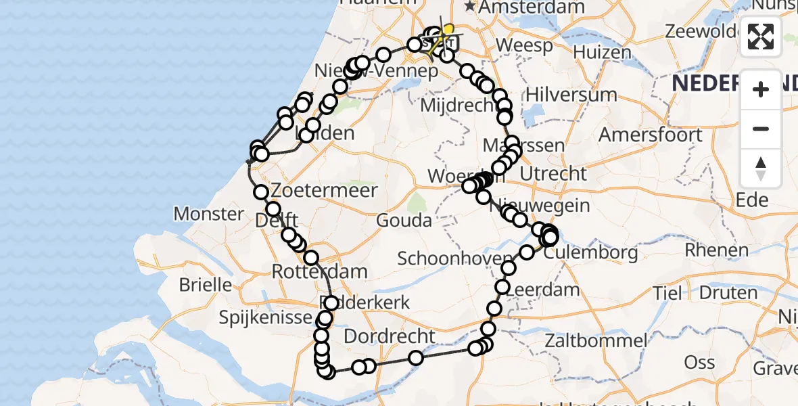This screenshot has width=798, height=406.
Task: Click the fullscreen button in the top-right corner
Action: pos(761,37)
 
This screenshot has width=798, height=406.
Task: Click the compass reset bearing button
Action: pos(761,168)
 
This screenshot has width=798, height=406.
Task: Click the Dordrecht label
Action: pos(389,336)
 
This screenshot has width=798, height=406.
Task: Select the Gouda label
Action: pos(405,220)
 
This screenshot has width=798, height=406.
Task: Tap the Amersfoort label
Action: pos(650,135)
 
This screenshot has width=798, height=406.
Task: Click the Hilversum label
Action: pos(562,94)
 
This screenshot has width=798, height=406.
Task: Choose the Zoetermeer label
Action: pos(324,191)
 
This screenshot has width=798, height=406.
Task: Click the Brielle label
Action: pos(205,284)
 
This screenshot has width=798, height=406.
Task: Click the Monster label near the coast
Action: pos(208,215)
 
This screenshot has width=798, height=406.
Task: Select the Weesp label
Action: pos(523,46)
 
